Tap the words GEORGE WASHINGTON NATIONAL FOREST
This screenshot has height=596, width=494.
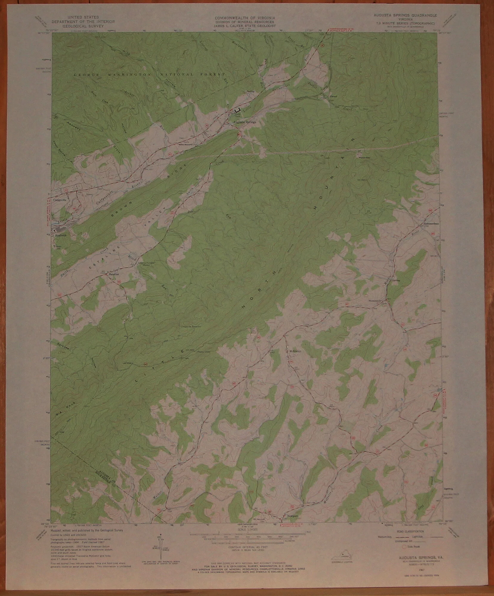(x=149, y=74)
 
